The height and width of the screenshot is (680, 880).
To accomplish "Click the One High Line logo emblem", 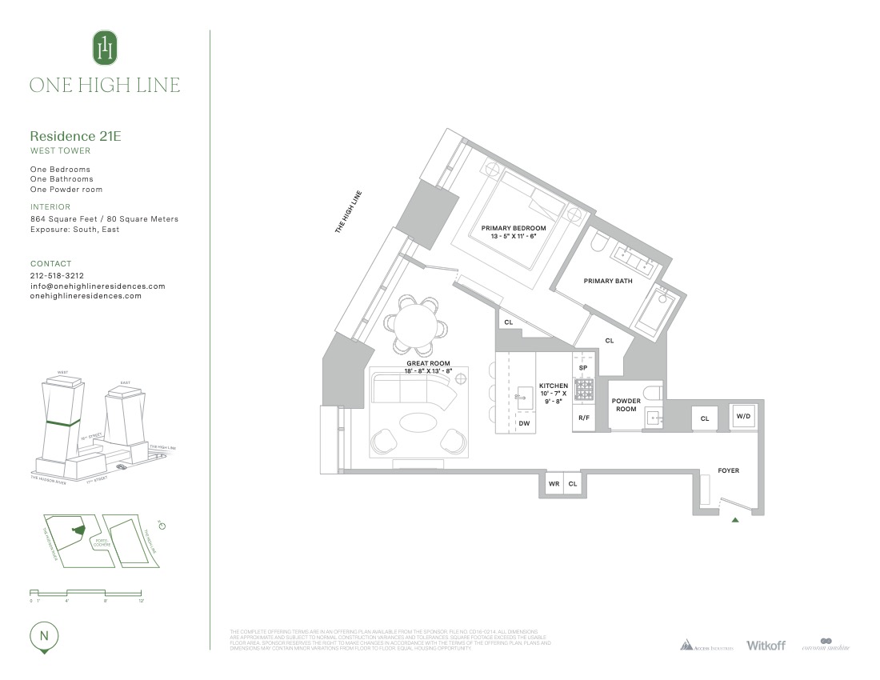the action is click(105, 48).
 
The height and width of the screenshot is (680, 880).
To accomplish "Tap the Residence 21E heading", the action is click(75, 136).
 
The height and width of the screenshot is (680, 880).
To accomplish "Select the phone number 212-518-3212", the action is click(57, 275).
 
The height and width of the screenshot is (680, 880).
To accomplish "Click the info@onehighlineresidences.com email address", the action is click(98, 286).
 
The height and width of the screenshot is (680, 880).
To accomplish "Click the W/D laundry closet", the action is click(743, 416).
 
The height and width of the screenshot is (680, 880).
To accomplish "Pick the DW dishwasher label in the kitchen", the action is click(524, 423).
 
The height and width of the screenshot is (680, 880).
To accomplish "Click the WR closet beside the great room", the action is click(553, 484).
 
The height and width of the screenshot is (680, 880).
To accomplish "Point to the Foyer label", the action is click(728, 470).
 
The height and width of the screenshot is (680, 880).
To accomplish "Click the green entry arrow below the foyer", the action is click(735, 521).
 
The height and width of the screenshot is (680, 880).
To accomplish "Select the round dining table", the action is click(415, 324).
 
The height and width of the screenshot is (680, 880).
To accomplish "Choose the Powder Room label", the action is click(626, 405).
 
